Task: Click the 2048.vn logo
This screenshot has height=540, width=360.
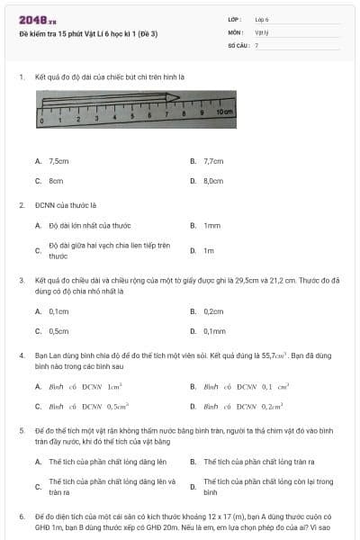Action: click(x=37, y=19)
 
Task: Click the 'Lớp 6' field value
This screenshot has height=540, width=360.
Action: click(x=262, y=19)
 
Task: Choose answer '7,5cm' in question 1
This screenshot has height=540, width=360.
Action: click(x=59, y=161)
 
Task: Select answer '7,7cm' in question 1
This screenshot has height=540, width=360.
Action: click(x=213, y=161)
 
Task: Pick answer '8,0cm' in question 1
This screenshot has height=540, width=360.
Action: click(x=213, y=181)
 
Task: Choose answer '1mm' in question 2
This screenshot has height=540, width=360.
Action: click(x=212, y=225)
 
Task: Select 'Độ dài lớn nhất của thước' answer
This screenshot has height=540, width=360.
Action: click(x=90, y=225)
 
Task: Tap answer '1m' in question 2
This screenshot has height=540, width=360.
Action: click(x=209, y=250)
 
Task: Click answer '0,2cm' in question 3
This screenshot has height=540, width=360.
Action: click(x=213, y=311)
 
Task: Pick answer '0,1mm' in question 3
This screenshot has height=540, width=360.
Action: click(x=214, y=331)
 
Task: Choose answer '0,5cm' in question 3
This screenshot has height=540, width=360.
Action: click(x=59, y=331)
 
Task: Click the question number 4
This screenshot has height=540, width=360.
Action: click(x=21, y=355)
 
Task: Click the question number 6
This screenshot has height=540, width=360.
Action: click(x=21, y=517)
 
